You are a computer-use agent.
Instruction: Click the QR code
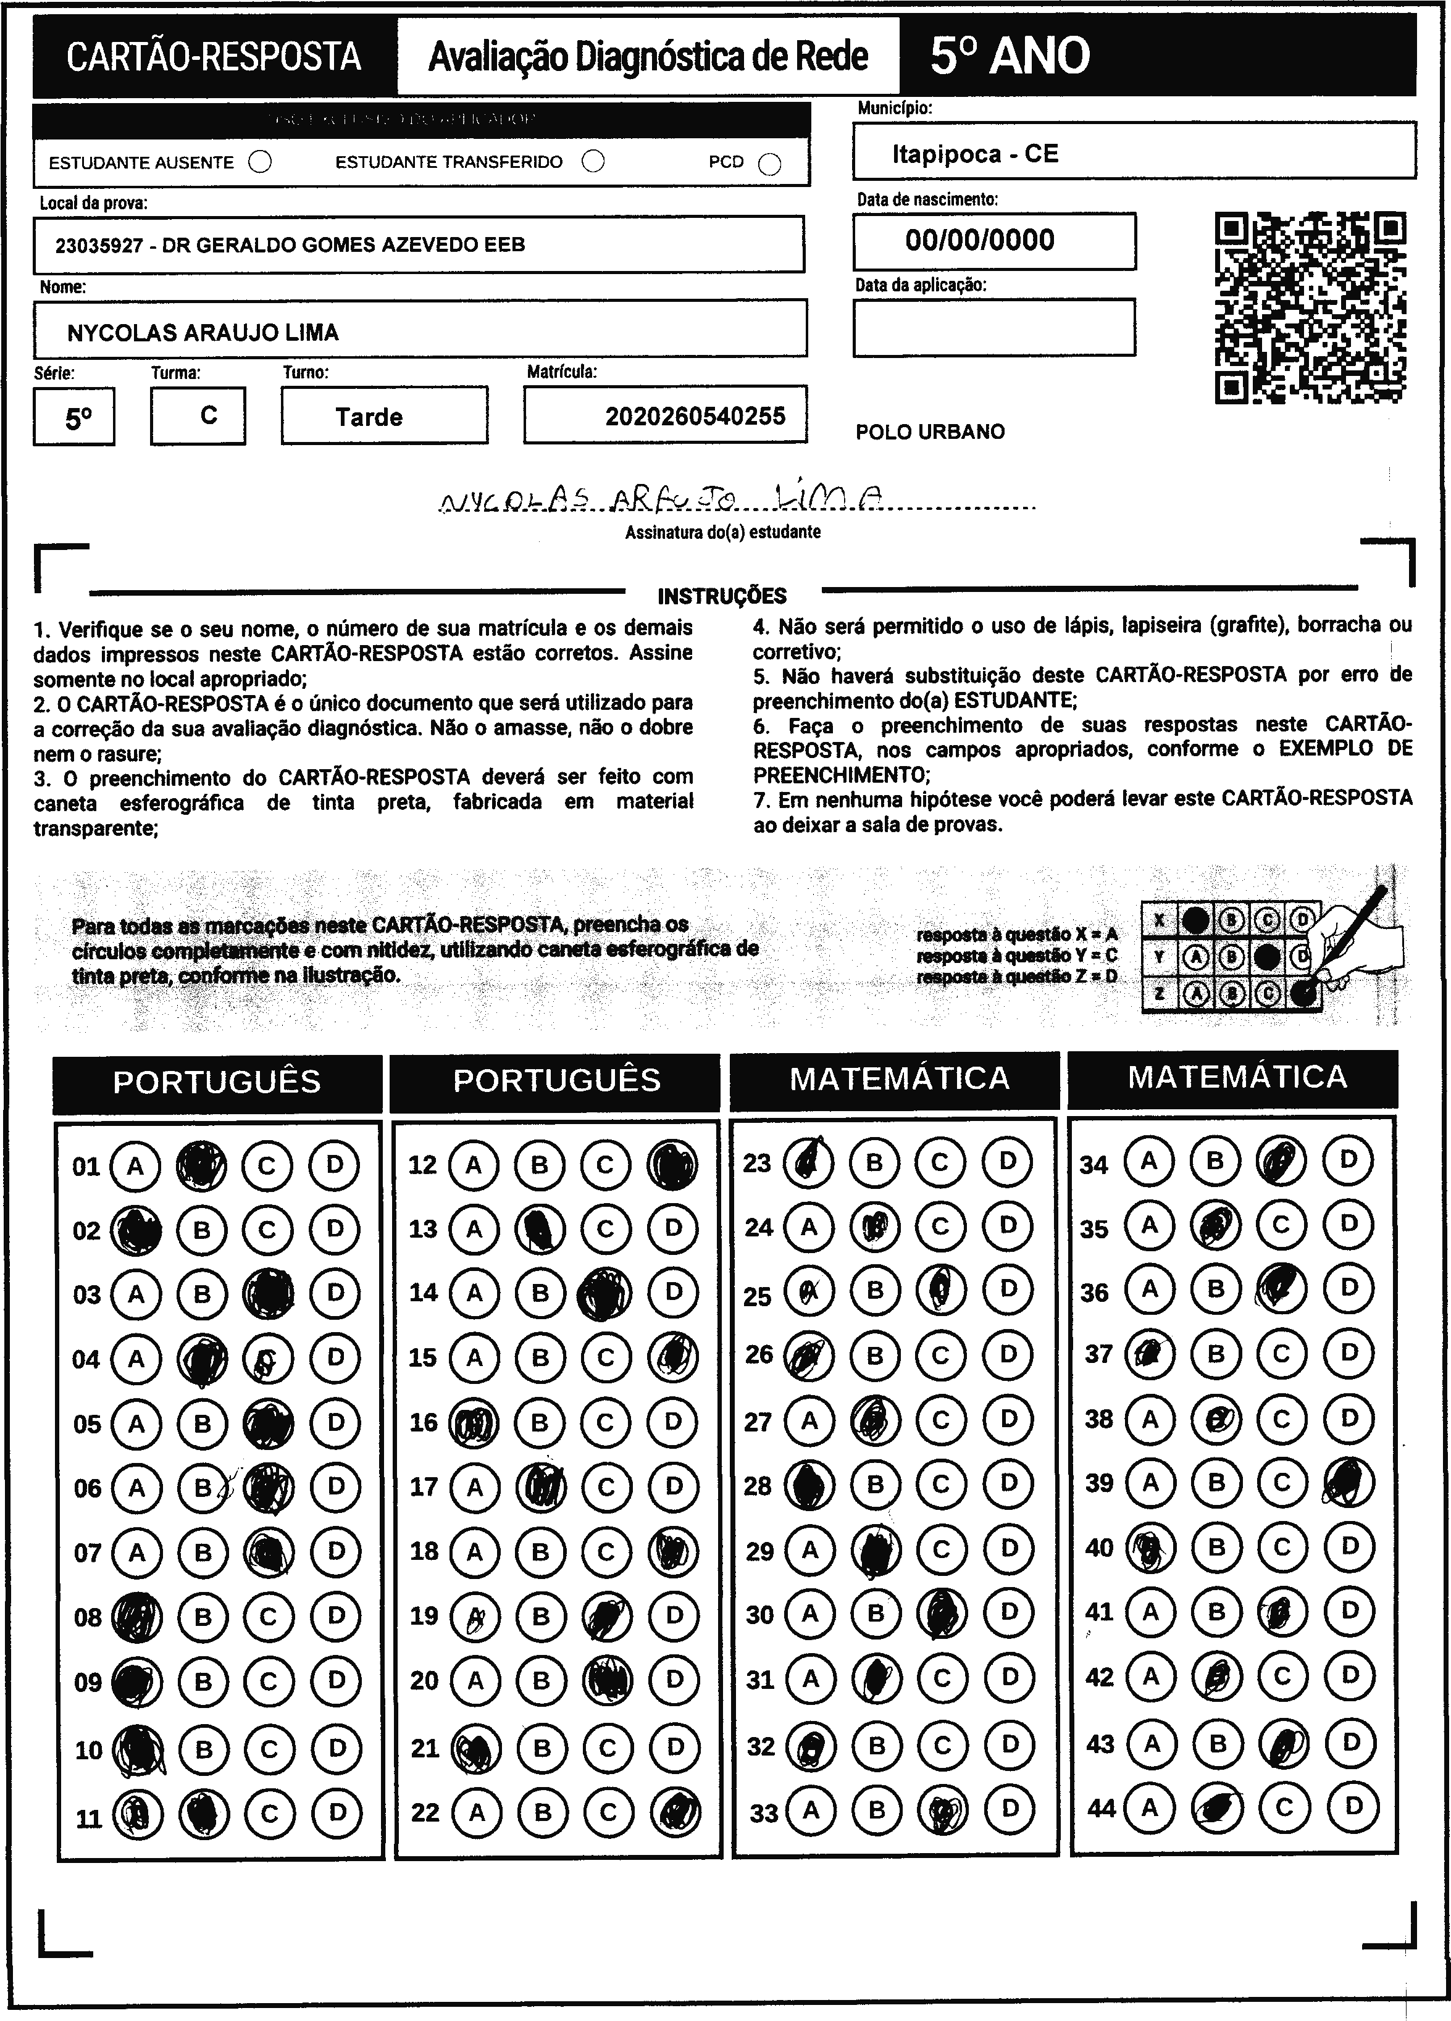pyautogui.click(x=1310, y=307)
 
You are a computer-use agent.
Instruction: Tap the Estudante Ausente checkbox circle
pyautogui.click(x=260, y=162)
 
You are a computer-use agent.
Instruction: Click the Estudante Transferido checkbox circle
pyautogui.click(x=593, y=161)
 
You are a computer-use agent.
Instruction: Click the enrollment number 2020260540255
pyautogui.click(x=695, y=416)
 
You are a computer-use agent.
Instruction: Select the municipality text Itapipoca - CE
pyautogui.click(x=975, y=154)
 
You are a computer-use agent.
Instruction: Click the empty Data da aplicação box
pyautogui.click(x=993, y=327)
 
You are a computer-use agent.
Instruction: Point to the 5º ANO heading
pyautogui.click(x=1010, y=56)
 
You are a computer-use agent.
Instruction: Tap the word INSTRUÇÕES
pyautogui.click(x=722, y=595)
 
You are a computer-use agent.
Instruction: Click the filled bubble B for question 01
pyautogui.click(x=201, y=1165)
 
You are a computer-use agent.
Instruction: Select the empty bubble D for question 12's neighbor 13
pyautogui.click(x=673, y=1229)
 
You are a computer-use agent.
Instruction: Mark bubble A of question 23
pyautogui.click(x=808, y=1162)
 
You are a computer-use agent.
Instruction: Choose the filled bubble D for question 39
pyautogui.click(x=1349, y=1482)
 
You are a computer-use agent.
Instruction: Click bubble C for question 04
pyautogui.click(x=267, y=1358)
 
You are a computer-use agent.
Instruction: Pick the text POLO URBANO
pyautogui.click(x=930, y=432)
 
